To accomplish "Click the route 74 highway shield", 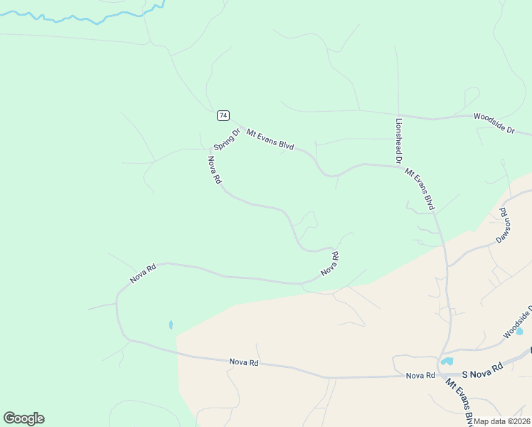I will click(223, 115).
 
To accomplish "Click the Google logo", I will click(23, 418).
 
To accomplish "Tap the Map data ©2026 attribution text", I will click(502, 421).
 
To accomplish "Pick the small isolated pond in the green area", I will click(171, 325).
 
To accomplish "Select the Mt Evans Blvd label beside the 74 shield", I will click(270, 139).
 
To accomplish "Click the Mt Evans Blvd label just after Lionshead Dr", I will click(420, 188).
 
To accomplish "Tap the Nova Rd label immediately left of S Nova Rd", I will click(420, 375).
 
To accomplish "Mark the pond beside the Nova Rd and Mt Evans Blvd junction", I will click(447, 362).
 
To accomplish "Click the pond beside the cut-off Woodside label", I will click(518, 331).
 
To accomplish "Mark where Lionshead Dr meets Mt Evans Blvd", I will click(398, 165).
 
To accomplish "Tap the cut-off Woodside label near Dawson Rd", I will click(517, 325).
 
